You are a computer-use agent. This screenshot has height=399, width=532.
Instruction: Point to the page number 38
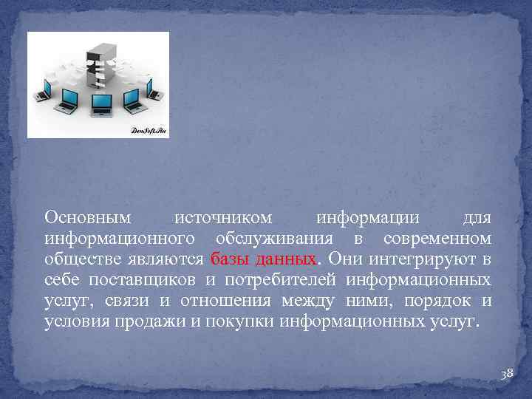coord(507,375)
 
